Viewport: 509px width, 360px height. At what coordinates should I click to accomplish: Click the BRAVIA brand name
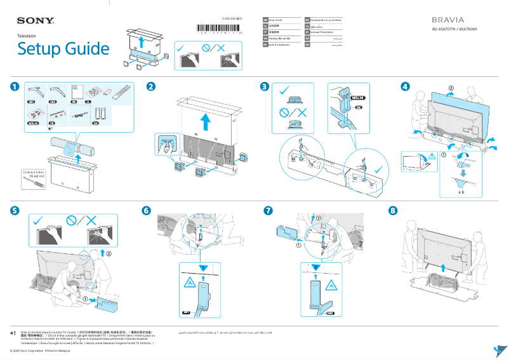448,20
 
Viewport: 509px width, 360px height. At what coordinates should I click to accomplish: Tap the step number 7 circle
268,210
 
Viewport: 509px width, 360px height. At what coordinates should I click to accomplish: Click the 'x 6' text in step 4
461,190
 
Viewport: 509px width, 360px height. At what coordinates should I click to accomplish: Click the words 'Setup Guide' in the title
63,49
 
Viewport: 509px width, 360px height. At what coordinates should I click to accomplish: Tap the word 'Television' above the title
26,36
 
